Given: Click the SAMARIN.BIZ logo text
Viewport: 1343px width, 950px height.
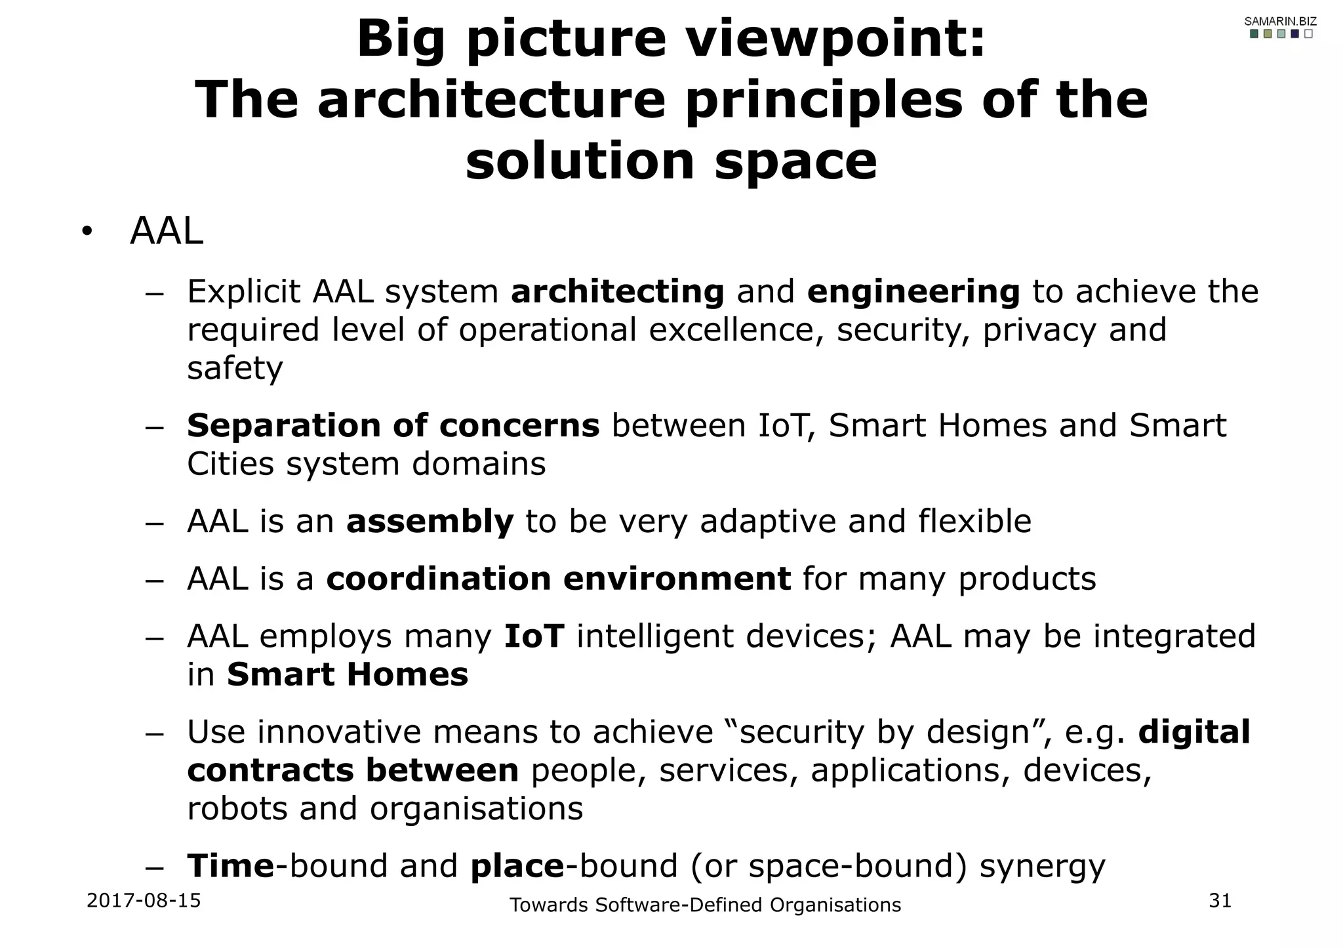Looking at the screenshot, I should coord(1280,22).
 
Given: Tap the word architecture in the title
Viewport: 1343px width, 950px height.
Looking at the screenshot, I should coord(491,100).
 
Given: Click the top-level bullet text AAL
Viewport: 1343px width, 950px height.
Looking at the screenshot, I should coord(167,232).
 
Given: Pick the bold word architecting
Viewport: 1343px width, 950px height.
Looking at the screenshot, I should coord(617,292).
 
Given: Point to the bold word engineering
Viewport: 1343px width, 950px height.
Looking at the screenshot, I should coord(913,292).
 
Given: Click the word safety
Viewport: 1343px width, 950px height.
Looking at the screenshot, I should coord(235,368).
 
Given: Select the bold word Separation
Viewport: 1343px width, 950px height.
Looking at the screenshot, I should coord(283,426).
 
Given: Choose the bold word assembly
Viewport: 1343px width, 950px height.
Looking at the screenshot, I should coord(430,522).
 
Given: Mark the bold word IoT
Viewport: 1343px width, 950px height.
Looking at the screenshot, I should coord(534,636).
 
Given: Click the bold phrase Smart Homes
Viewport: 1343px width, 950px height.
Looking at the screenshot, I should coord(348,674).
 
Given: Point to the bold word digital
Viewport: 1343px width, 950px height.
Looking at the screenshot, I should coord(1194,732).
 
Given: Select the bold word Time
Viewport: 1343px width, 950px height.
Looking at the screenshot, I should coord(230,866).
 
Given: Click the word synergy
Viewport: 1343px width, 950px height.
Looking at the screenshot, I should coord(1042,866).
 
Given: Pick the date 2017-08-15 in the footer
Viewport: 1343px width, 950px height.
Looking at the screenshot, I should coord(144,901).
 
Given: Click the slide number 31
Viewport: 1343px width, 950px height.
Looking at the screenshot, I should coord(1220,901).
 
